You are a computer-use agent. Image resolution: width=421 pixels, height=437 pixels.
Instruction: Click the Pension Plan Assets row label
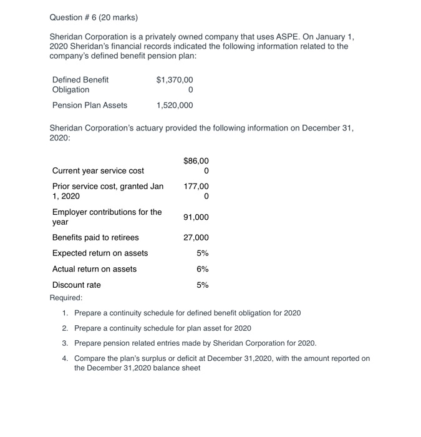(90, 105)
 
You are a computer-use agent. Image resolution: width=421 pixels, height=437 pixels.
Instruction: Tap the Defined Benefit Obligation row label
(80, 84)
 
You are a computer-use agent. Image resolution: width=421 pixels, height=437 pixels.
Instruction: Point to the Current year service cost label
(98, 170)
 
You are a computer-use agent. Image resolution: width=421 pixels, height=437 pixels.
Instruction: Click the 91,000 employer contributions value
(196, 217)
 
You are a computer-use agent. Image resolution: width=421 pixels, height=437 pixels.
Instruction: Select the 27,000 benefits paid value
(196, 238)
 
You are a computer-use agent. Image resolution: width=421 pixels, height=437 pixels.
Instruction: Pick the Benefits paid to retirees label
(95, 238)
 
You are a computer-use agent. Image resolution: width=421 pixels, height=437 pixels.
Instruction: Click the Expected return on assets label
(100, 253)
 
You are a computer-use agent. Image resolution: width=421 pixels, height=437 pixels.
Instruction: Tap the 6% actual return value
(203, 269)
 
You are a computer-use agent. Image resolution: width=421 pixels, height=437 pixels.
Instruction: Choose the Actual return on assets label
(94, 269)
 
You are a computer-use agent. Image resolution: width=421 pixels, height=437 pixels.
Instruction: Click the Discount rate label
(76, 285)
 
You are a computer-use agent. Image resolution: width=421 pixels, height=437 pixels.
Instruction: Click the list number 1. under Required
(65, 312)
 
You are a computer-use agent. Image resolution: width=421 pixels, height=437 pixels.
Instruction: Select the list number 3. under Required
(65, 343)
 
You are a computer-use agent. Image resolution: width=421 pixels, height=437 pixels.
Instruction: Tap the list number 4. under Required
(65, 358)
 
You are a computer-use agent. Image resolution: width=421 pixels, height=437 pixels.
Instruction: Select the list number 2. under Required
(65, 328)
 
